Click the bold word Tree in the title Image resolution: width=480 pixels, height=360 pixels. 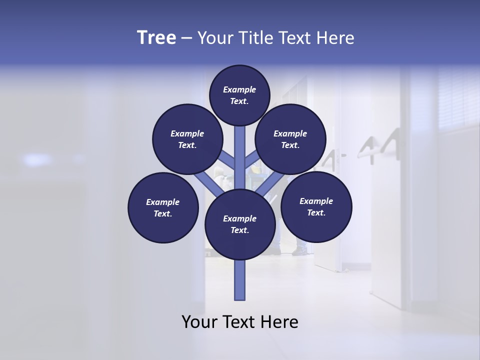156,38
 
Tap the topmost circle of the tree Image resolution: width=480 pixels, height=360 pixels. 239,95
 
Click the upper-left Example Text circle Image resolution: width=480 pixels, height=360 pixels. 187,139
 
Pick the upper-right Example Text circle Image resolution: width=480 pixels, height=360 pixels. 290,139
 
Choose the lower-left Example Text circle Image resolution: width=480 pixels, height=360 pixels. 163,207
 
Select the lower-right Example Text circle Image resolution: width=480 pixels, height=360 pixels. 316,206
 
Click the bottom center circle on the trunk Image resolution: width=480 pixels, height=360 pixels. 240,224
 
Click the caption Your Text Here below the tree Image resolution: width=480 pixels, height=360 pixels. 240,322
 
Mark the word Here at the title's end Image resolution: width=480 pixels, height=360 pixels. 335,38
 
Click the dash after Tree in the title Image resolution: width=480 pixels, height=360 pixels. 186,38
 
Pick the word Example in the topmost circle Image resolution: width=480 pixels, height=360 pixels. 239,89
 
